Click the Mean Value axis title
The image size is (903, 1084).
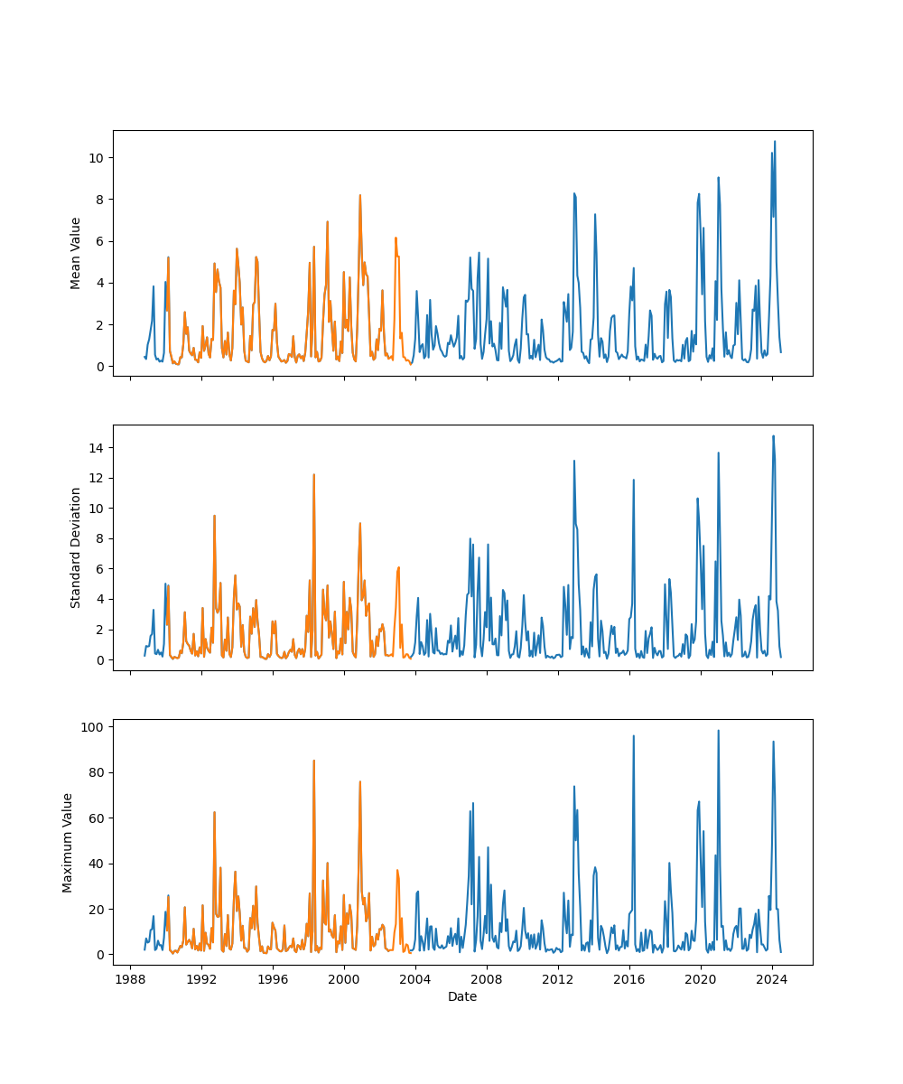click(x=76, y=253)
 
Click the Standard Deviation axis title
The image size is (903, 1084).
click(x=76, y=547)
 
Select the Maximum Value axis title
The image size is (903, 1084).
click(x=68, y=842)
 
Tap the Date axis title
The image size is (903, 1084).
click(x=462, y=996)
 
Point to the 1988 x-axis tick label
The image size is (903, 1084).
click(x=130, y=981)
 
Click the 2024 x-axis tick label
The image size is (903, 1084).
click(x=772, y=981)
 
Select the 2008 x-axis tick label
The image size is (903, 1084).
click(x=487, y=981)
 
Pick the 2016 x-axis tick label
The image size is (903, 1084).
click(x=629, y=981)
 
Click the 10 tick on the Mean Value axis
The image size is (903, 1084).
click(x=96, y=158)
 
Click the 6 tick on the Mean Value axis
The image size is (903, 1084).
click(x=99, y=241)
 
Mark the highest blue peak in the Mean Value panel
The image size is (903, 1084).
click(x=774, y=142)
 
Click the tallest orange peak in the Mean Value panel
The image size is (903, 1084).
click(x=359, y=195)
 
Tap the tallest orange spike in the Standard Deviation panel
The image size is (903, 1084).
click(x=313, y=475)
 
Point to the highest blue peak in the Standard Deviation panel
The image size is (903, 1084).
click(x=773, y=436)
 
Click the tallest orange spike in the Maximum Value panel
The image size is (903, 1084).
click(x=313, y=761)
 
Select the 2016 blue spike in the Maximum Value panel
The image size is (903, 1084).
click(x=633, y=736)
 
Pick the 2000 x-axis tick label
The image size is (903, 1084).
click(x=344, y=981)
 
